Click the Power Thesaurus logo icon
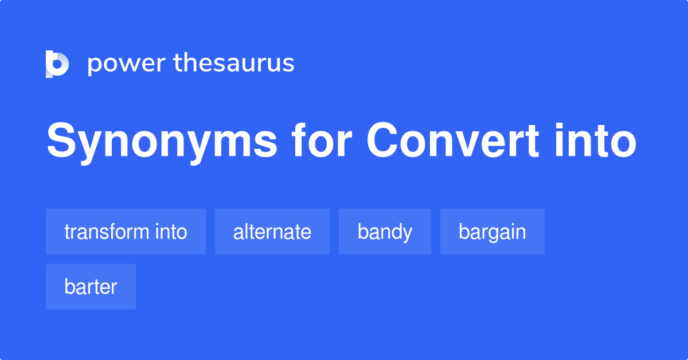coord(57,64)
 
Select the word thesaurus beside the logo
coord(234,63)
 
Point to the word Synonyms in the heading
coord(162,142)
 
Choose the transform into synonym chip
coord(126,232)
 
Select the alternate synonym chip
coord(272,232)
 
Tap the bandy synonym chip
coord(385,232)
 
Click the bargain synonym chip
coord(492,232)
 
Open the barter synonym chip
coord(91,287)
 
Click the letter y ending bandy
coord(407,234)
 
